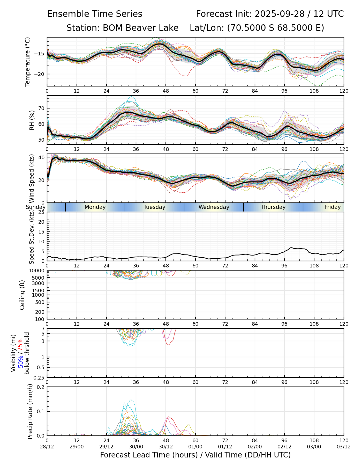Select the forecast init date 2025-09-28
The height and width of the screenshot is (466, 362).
tap(280, 14)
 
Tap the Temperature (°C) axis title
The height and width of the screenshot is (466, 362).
tap(28, 62)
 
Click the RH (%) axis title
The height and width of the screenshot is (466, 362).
tap(32, 120)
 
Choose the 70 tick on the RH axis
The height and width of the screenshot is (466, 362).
tap(42, 108)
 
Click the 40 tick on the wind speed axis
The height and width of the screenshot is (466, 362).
tap(42, 157)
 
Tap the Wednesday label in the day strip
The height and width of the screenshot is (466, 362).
tap(214, 207)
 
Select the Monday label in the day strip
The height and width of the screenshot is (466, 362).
tap(95, 207)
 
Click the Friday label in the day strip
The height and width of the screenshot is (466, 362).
tap(333, 207)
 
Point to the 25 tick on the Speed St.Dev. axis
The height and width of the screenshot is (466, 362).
tap(42, 212)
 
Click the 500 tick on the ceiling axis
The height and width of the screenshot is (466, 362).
tap(40, 302)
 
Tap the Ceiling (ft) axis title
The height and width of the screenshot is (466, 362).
tap(22, 295)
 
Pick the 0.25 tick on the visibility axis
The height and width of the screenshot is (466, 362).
tap(39, 377)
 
